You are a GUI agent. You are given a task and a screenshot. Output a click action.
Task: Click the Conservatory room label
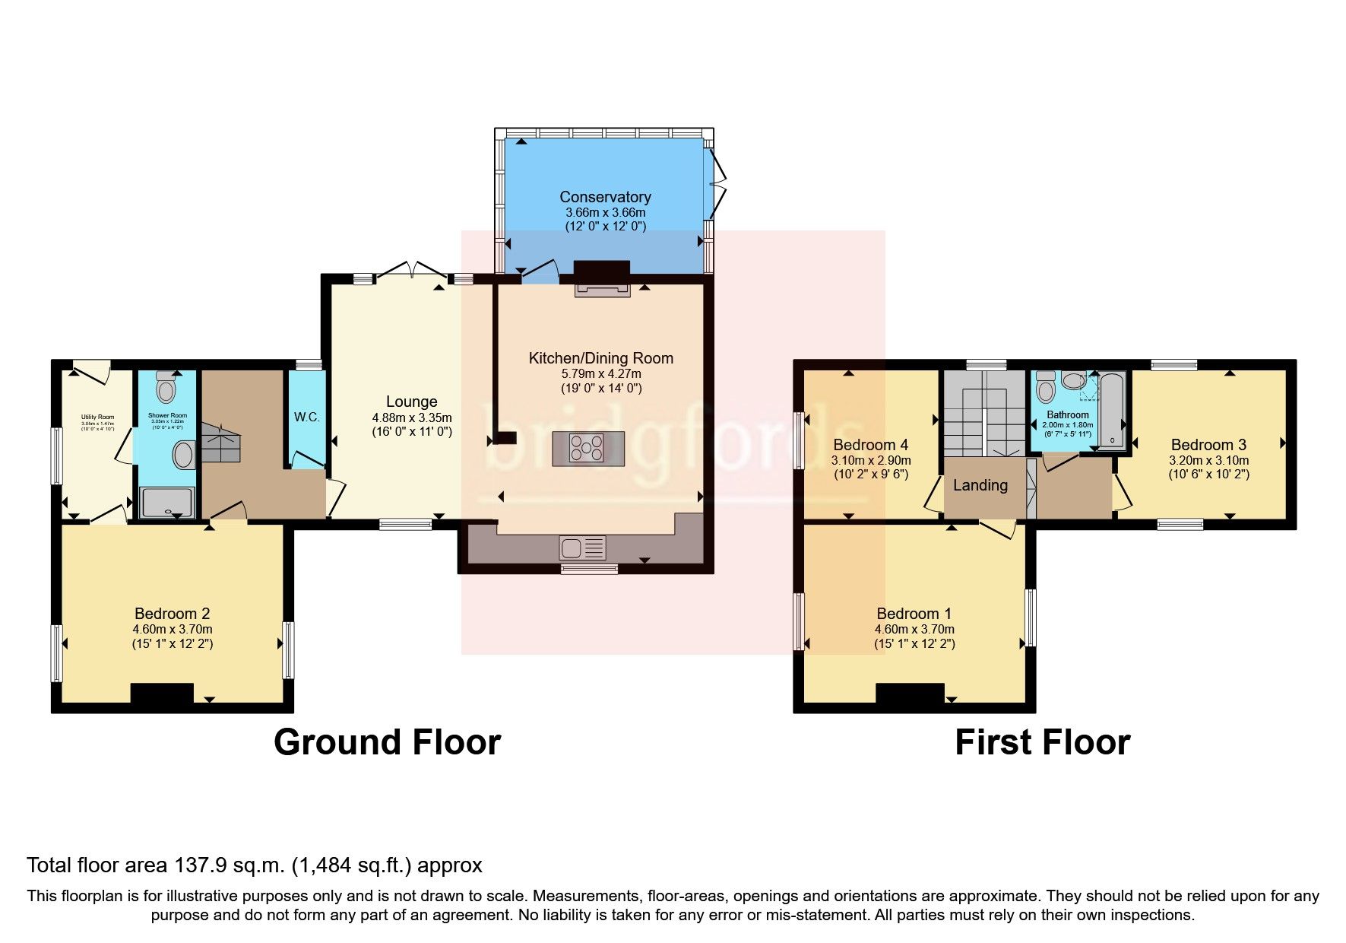(605, 197)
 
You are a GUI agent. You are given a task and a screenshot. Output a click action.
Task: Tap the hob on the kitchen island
(587, 447)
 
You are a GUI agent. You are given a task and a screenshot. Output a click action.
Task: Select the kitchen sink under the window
(582, 548)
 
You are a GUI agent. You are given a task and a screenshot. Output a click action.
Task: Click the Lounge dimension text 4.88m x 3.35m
(411, 418)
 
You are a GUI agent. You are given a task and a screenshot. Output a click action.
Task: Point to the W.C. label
(306, 418)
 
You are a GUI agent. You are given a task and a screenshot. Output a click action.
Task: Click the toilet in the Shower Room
(165, 389)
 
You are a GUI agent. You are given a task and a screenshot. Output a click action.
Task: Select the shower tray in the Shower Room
(167, 503)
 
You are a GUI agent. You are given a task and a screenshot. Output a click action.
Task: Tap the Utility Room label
(97, 417)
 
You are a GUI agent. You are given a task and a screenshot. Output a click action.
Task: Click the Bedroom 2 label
(172, 614)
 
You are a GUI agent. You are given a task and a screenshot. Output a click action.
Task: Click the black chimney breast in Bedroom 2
(162, 694)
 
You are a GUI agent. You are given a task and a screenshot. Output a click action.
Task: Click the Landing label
(980, 485)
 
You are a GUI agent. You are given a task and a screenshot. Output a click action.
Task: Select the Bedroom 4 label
(870, 445)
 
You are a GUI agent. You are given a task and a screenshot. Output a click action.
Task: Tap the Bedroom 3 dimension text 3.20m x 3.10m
(1208, 460)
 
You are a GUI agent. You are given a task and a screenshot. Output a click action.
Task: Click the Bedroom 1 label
(914, 614)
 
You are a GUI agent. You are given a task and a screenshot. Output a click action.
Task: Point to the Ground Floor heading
(387, 742)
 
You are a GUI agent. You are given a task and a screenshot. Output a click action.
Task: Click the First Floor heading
(1042, 742)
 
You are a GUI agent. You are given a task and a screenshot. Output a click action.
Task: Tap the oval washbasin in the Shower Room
(184, 456)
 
